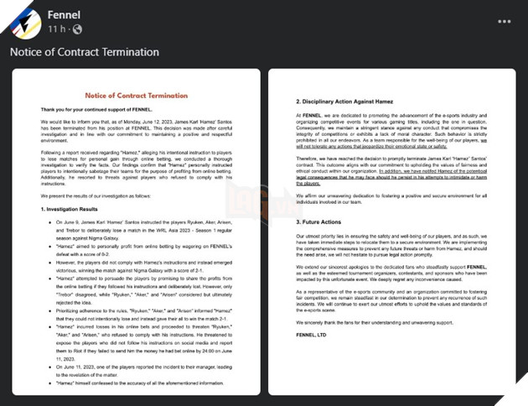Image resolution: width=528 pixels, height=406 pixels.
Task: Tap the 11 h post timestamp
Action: point(56,29)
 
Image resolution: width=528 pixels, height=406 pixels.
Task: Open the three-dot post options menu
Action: point(504,21)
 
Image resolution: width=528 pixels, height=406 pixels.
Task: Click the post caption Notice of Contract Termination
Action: point(84,52)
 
